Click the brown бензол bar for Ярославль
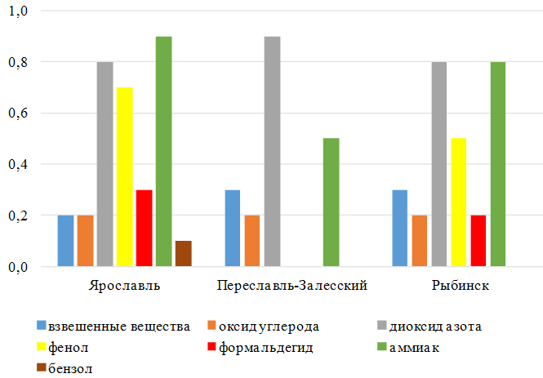click(x=183, y=254)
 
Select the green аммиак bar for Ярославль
click(x=163, y=152)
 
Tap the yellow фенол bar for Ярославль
click(x=124, y=177)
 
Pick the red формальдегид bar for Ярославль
click(x=144, y=228)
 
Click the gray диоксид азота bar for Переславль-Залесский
click(x=272, y=152)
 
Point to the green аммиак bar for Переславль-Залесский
click(x=331, y=202)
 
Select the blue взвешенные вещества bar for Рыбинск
click(x=400, y=228)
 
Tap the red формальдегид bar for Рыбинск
click(x=478, y=241)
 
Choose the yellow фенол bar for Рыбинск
click(x=459, y=202)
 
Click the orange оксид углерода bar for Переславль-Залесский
click(x=252, y=241)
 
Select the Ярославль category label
click(x=124, y=287)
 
